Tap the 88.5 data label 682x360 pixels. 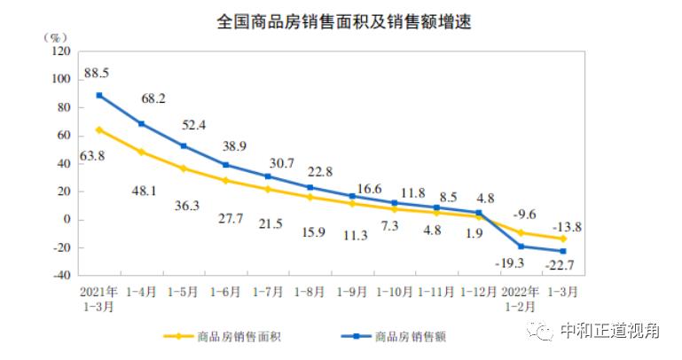tap(98, 73)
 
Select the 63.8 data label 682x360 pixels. tap(98, 157)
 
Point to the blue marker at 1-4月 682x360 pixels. tap(142, 123)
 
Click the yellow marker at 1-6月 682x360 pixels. tap(226, 180)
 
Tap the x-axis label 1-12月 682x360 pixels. tap(477, 291)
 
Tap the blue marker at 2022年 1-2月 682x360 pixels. tap(520, 247)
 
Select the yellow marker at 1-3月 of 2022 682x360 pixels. tap(562, 239)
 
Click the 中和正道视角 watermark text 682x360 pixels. tap(608, 331)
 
